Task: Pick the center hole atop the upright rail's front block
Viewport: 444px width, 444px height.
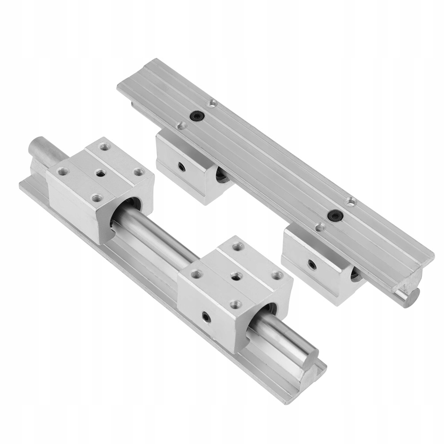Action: point(236,277)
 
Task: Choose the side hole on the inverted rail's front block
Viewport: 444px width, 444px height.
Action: point(310,264)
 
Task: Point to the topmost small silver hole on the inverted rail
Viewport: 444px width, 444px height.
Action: point(213,103)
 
